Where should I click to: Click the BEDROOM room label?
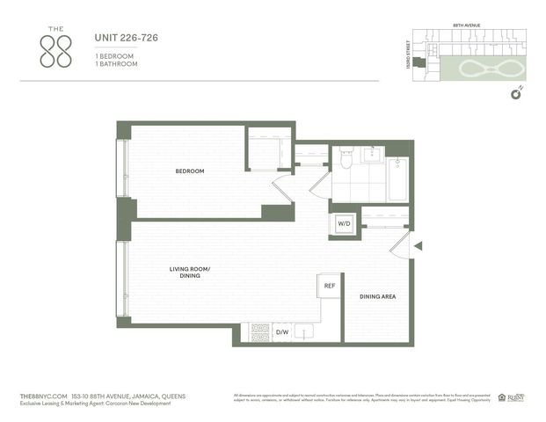pyautogui.click(x=189, y=171)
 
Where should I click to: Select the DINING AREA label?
pyautogui.click(x=377, y=297)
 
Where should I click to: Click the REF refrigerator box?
pyautogui.click(x=329, y=286)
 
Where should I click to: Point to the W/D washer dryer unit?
pyautogui.click(x=342, y=225)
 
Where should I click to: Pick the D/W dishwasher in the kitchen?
pyautogui.click(x=282, y=332)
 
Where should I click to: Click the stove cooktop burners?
pyautogui.click(x=260, y=332)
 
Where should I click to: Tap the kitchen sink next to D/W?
pyautogui.click(x=305, y=332)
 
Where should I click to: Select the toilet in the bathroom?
pyautogui.click(x=346, y=159)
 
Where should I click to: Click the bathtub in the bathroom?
pyautogui.click(x=397, y=179)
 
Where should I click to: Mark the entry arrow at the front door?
pyautogui.click(x=419, y=245)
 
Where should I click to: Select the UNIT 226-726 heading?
pyautogui.click(x=126, y=38)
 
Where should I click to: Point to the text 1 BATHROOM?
pyautogui.click(x=116, y=63)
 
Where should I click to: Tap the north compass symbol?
pyautogui.click(x=517, y=92)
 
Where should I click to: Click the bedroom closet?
pyautogui.click(x=268, y=149)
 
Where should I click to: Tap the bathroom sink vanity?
pyautogui.click(x=371, y=156)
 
